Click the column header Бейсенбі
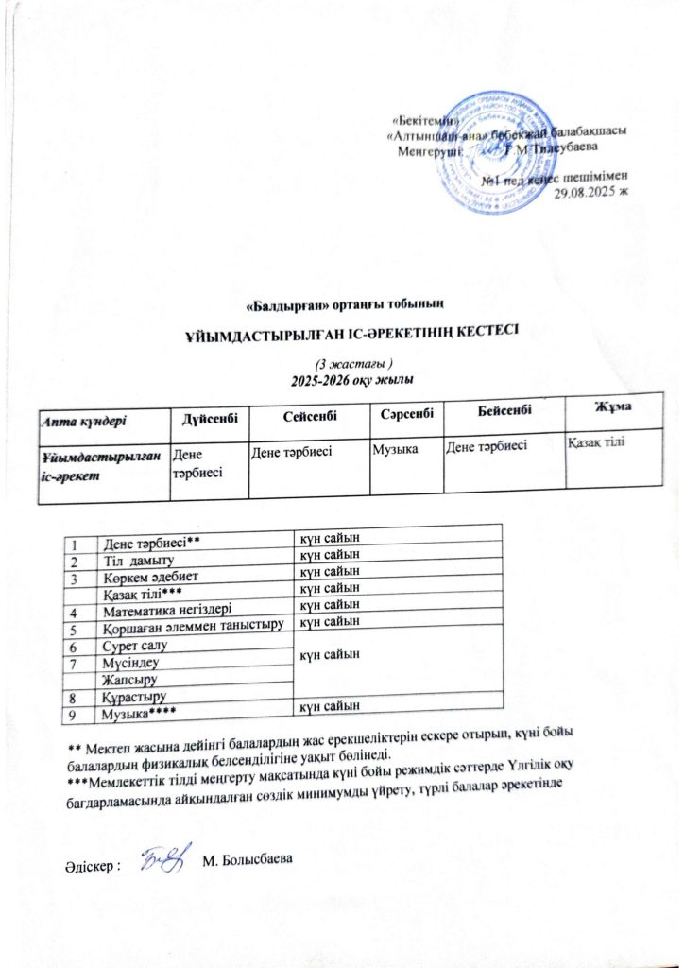[501, 408]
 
